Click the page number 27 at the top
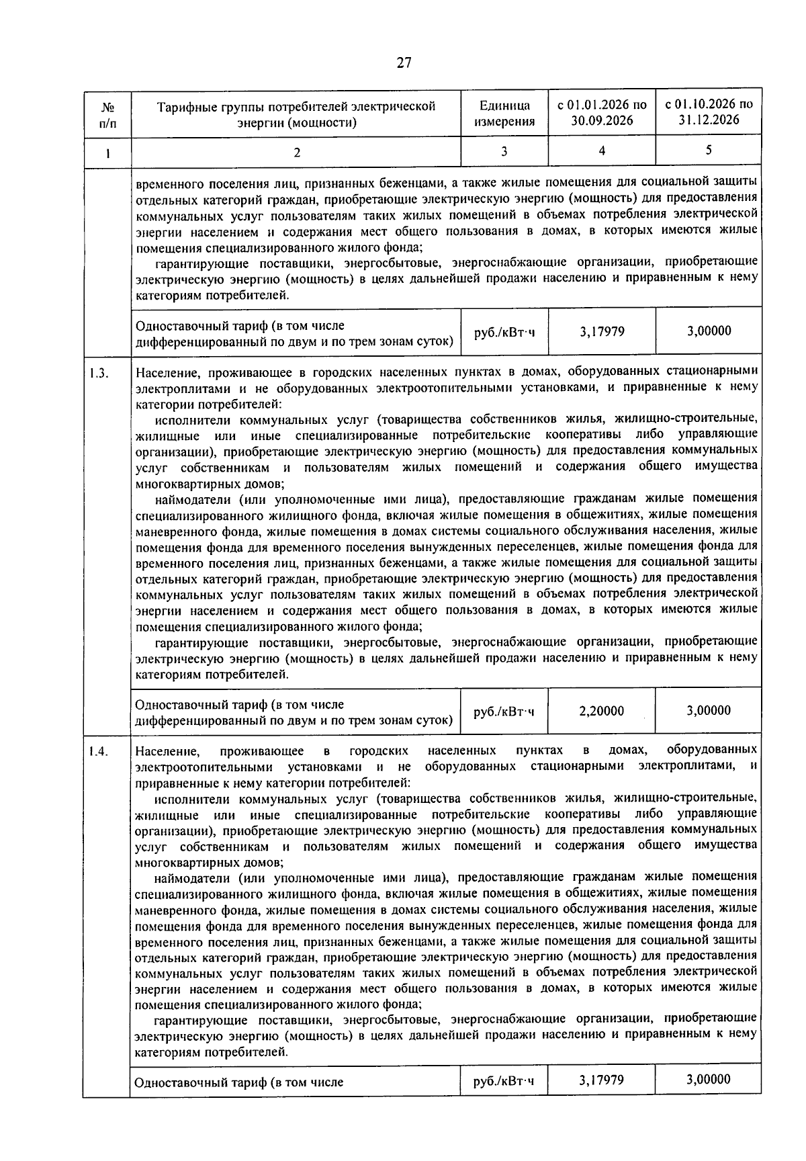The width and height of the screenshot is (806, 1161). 403,63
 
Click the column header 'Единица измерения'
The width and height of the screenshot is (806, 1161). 504,114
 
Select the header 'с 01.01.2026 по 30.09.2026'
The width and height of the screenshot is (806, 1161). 602,113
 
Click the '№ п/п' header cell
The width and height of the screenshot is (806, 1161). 107,114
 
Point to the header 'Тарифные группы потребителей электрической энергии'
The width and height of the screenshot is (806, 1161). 296,114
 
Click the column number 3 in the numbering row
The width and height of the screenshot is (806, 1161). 504,152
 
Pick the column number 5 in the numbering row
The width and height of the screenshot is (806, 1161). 709,150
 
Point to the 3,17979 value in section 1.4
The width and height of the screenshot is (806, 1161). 602,1080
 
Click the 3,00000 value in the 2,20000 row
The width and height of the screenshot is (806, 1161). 709,711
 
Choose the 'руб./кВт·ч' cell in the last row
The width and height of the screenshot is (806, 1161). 504,1080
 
